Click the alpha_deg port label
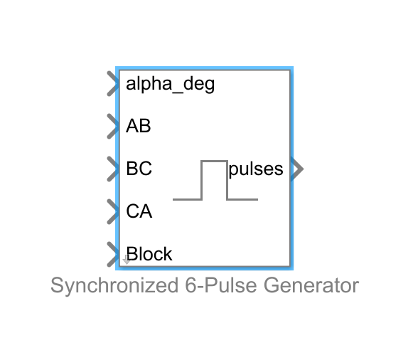pyautogui.click(x=170, y=84)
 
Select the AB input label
pyautogui.click(x=138, y=127)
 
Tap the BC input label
pyautogui.click(x=139, y=169)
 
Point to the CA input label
pyautogui.click(x=139, y=211)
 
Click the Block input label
pyautogui.click(x=149, y=254)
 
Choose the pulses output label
pyautogui.click(x=255, y=169)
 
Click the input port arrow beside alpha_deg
pyautogui.click(x=112, y=84)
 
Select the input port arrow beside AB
pyautogui.click(x=112, y=127)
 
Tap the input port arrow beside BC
pyautogui.click(x=112, y=169)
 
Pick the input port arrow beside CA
pyautogui.click(x=112, y=211)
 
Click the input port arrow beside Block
pyautogui.click(x=112, y=254)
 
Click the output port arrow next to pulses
pyautogui.click(x=298, y=169)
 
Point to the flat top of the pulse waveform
pyautogui.click(x=214, y=162)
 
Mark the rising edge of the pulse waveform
pyautogui.click(x=202, y=181)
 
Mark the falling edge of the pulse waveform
pyautogui.click(x=227, y=181)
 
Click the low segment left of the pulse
pyautogui.click(x=188, y=199)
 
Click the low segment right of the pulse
pyautogui.click(x=242, y=199)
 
